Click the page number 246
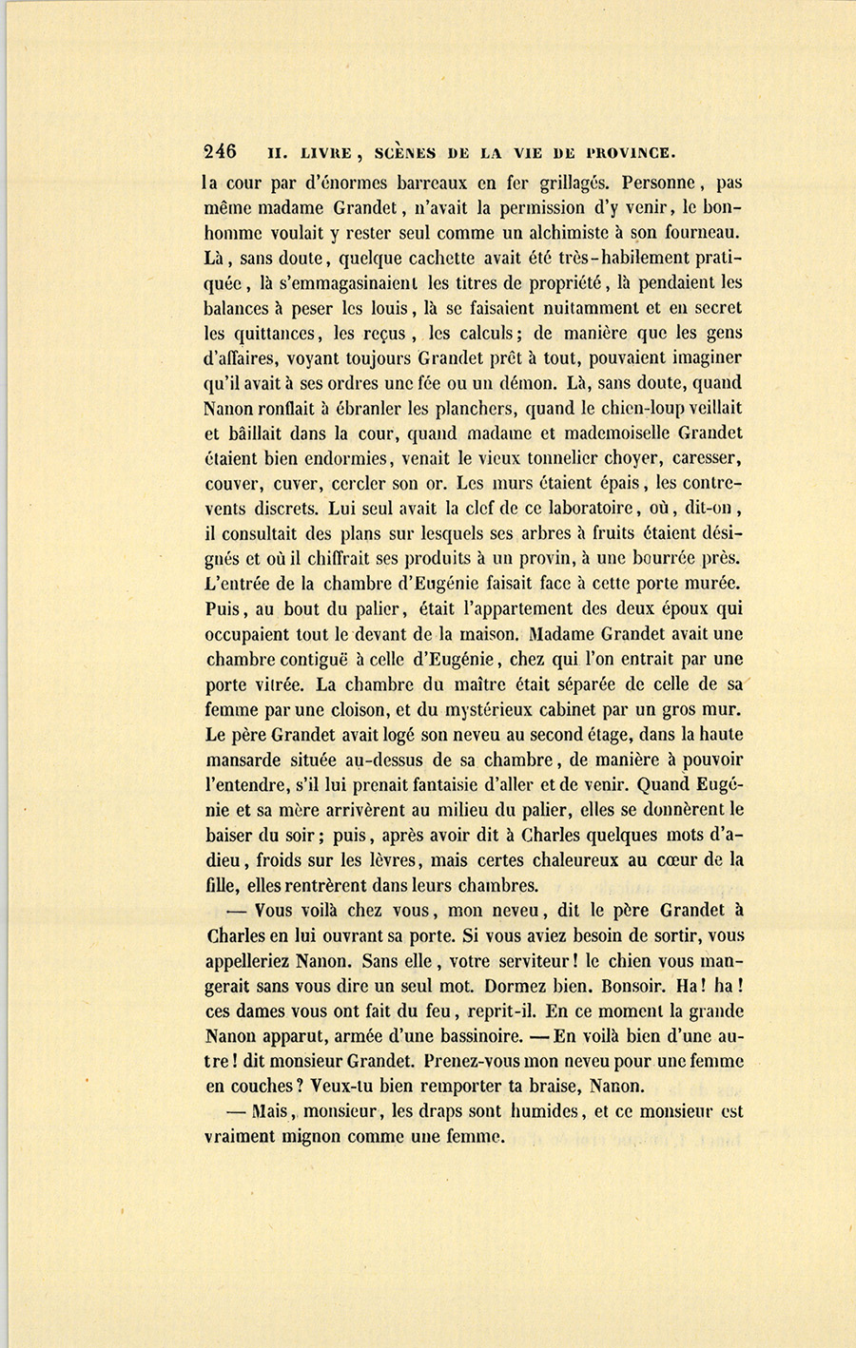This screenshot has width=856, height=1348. (x=220, y=151)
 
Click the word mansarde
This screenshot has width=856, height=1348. (x=243, y=760)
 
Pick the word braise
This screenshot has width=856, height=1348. (x=545, y=1086)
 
